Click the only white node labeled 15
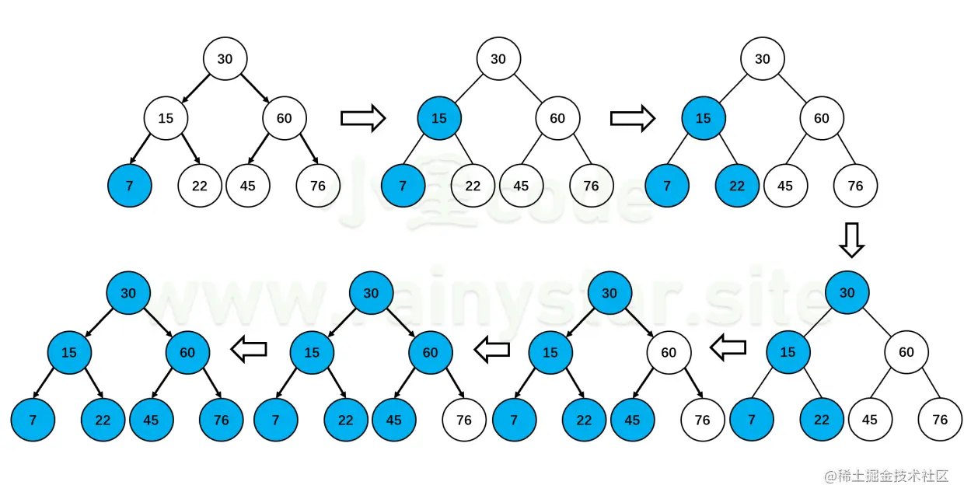click(166, 118)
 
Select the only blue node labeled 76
click(222, 420)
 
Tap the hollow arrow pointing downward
click(851, 239)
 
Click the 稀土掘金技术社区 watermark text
click(886, 476)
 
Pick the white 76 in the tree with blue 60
click(464, 420)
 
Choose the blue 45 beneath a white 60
click(632, 420)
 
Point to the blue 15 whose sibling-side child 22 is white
click(439, 118)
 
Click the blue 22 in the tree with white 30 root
click(736, 186)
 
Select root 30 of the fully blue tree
click(128, 293)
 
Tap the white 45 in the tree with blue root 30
click(870, 420)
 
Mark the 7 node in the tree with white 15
click(130, 186)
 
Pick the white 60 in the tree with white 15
click(284, 118)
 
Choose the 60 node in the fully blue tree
click(187, 352)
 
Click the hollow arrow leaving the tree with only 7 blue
click(363, 118)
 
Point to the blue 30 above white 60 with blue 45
click(609, 293)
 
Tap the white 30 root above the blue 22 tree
click(763, 59)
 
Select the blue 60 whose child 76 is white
click(430, 352)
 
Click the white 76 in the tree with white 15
click(318, 186)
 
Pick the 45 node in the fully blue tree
click(151, 420)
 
